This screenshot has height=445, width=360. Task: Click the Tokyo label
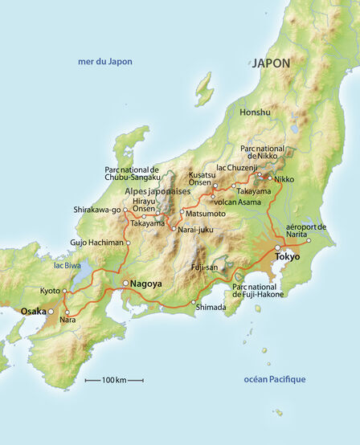[287, 256]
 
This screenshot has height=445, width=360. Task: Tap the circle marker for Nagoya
[125, 284]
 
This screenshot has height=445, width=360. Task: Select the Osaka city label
[33, 311]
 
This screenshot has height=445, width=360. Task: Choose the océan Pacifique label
[274, 379]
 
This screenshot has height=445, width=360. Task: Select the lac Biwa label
[69, 264]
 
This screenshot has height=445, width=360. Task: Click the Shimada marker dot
[194, 302]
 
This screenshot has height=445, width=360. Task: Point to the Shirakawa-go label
[96, 210]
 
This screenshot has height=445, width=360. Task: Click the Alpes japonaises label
[157, 192]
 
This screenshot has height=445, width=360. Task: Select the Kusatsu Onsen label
[202, 179]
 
